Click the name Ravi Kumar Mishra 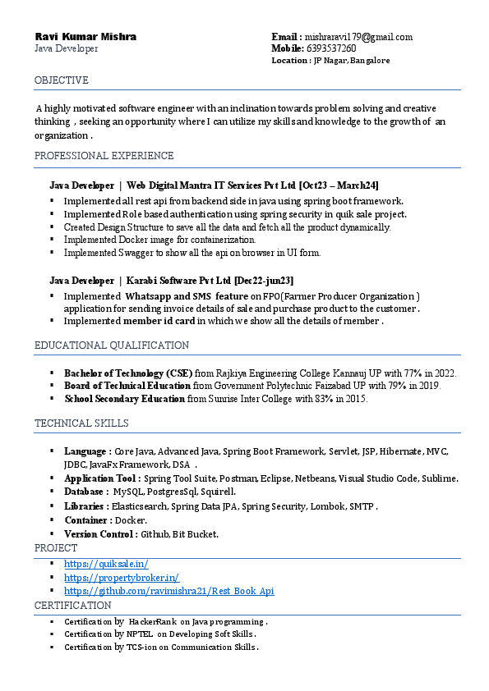pyautogui.click(x=85, y=37)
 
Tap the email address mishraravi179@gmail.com pyautogui.click(x=358, y=37)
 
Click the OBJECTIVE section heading pyautogui.click(x=62, y=80)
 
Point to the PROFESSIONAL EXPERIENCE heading pyautogui.click(x=104, y=156)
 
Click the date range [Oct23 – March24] pyautogui.click(x=339, y=185)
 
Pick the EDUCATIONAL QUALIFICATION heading pyautogui.click(x=112, y=345)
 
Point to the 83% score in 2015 pyautogui.click(x=323, y=399)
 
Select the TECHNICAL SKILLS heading pyautogui.click(x=81, y=423)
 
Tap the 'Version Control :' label pyautogui.click(x=100, y=534)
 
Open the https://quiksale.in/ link pyautogui.click(x=106, y=564)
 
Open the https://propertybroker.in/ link pyautogui.click(x=121, y=578)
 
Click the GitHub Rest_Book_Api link pyautogui.click(x=168, y=591)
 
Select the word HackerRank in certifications pyautogui.click(x=153, y=622)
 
